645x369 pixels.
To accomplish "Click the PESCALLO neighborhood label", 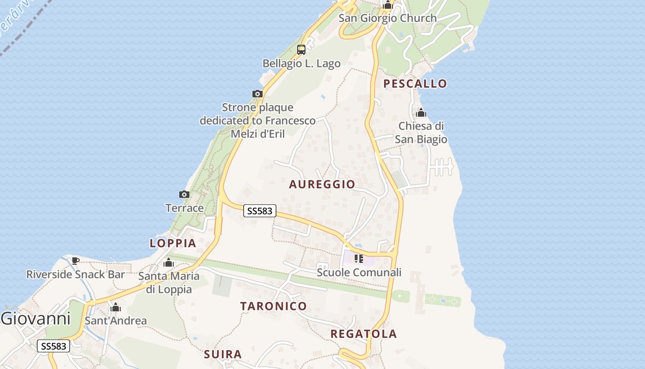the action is coord(415,83).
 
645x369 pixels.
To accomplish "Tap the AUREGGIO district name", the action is coord(322,184).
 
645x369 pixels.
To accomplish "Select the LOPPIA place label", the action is coord(173,243).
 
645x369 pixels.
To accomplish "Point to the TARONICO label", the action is coord(273,306).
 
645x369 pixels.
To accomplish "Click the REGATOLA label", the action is coord(364,334).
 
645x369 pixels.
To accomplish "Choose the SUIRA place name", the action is coord(223,354).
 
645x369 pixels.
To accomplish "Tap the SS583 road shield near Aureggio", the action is coord(260,211).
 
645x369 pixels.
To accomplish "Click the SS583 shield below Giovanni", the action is coord(53,346).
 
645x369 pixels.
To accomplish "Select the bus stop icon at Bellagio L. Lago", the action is coord(301,49).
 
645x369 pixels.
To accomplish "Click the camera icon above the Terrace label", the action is coord(184,194).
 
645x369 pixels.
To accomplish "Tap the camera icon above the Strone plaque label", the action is coord(258,94).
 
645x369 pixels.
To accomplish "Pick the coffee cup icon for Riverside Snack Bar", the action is coord(75,261).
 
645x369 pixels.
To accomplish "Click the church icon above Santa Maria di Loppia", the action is coord(169,263).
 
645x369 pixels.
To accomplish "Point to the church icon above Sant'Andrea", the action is coord(116,307).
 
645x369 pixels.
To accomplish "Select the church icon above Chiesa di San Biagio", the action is coord(421,113).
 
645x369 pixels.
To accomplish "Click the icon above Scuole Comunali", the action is coord(359,259).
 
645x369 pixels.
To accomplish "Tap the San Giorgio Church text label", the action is coord(387,18).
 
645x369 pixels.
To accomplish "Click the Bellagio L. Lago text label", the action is coord(301,63).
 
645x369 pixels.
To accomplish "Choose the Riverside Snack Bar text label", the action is coord(76,274).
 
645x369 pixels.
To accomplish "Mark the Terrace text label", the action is coord(184,208).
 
